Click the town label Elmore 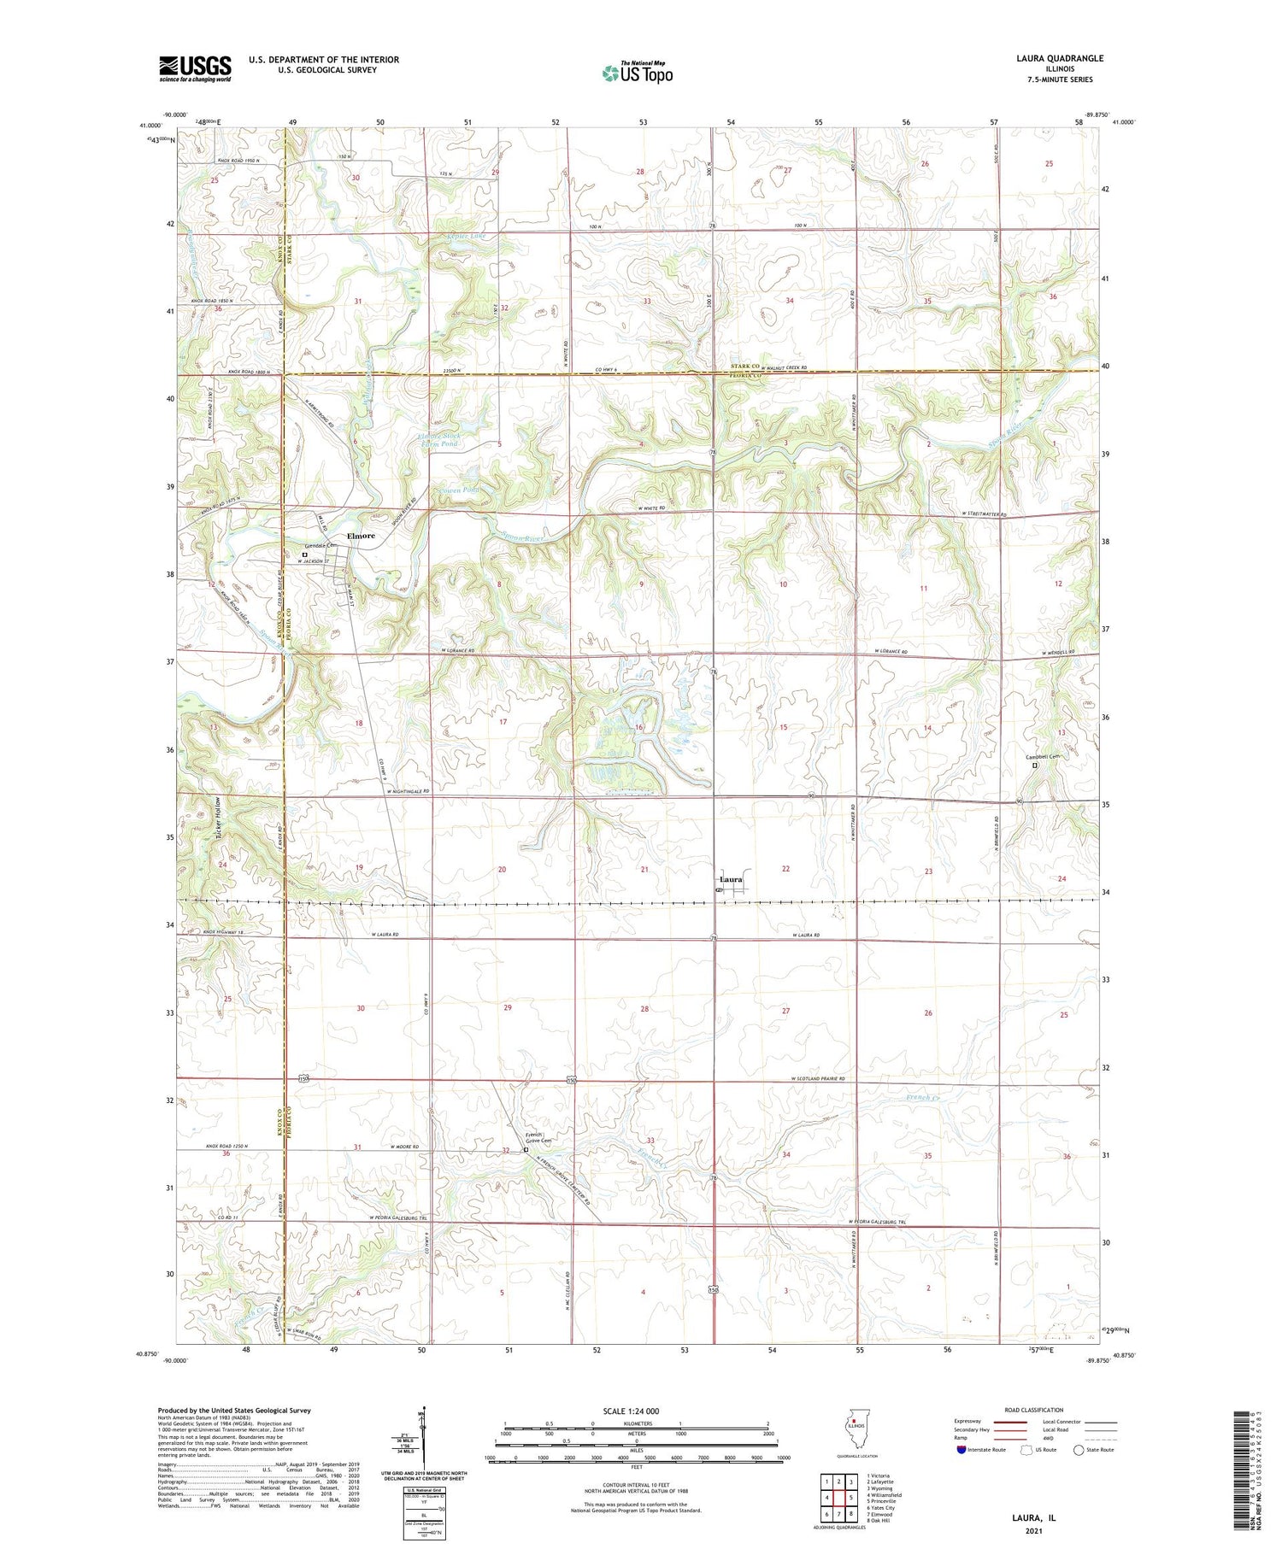[x=360, y=536]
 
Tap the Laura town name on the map [x=731, y=879]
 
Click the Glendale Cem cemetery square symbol [x=304, y=554]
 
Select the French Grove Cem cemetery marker [x=526, y=1150]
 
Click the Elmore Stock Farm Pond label [x=438, y=440]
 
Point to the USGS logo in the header [x=195, y=68]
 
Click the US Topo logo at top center [x=637, y=73]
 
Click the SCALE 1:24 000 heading [x=636, y=1411]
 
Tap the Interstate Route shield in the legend [x=961, y=1450]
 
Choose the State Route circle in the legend [x=1079, y=1450]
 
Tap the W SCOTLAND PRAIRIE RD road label [x=819, y=1078]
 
